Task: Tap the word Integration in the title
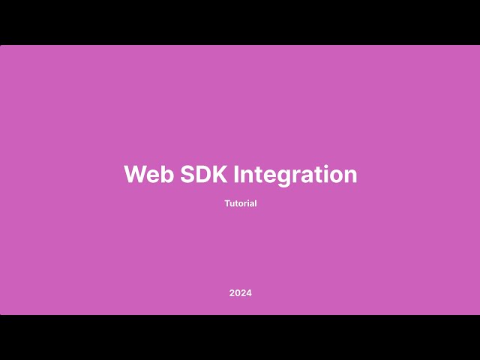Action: pos(295,174)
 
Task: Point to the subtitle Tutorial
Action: pos(240,203)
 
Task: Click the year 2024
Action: pos(240,292)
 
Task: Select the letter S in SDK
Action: pos(188,174)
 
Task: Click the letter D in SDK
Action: pos(204,174)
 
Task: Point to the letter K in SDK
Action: pos(220,174)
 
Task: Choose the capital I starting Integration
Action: pos(237,174)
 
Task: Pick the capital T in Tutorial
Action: pos(227,203)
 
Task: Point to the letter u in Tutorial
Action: pos(232,204)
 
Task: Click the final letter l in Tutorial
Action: pos(256,203)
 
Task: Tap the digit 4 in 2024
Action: pos(249,292)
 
